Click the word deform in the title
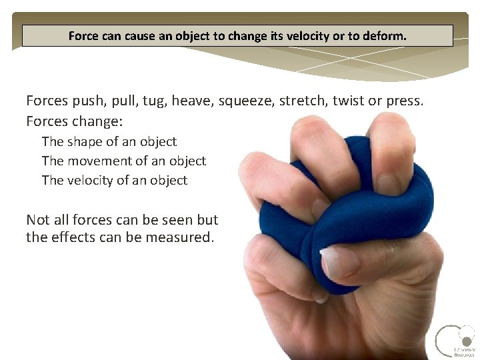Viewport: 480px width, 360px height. click(383, 36)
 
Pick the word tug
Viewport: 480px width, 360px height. click(153, 101)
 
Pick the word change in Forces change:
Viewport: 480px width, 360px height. click(87, 121)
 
